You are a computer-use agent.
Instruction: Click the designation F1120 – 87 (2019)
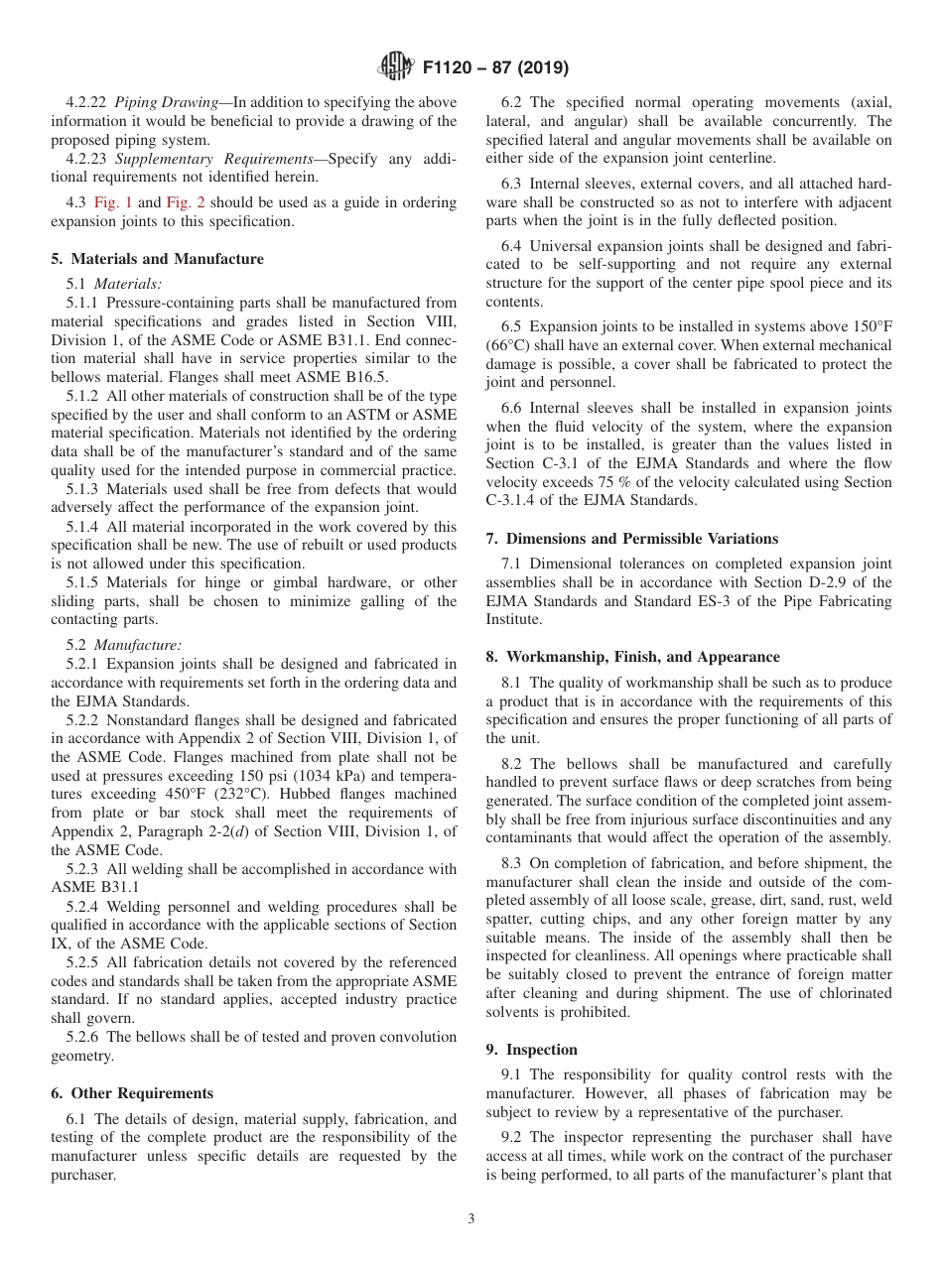495,68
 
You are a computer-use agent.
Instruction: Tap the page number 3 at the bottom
471,1219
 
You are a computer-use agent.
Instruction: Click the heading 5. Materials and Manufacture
157,259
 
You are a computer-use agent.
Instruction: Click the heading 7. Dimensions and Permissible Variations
631,539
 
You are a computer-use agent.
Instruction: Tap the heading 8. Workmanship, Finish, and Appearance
632,657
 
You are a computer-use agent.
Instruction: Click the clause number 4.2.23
87,159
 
